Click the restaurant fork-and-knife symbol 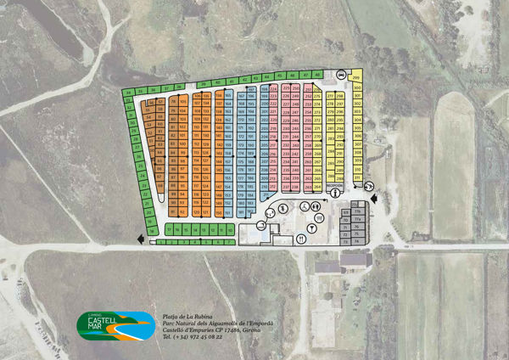coord(302,239)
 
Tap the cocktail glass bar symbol coord(312,227)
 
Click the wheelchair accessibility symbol coord(301,206)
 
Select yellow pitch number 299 coord(356,78)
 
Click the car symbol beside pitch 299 coord(341,75)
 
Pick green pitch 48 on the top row coord(317,75)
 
